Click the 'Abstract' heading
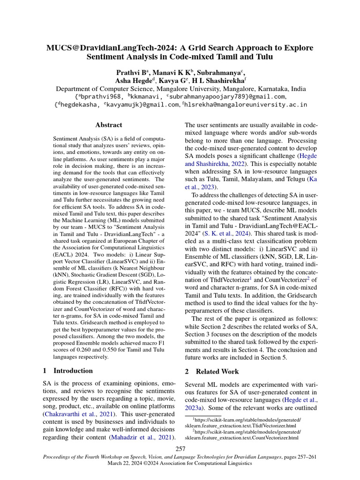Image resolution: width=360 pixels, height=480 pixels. click(108, 125)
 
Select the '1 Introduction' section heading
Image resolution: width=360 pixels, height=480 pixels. click(67, 371)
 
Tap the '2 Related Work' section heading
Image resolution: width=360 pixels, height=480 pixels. click(212, 372)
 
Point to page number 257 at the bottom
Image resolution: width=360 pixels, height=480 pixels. click(180, 449)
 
